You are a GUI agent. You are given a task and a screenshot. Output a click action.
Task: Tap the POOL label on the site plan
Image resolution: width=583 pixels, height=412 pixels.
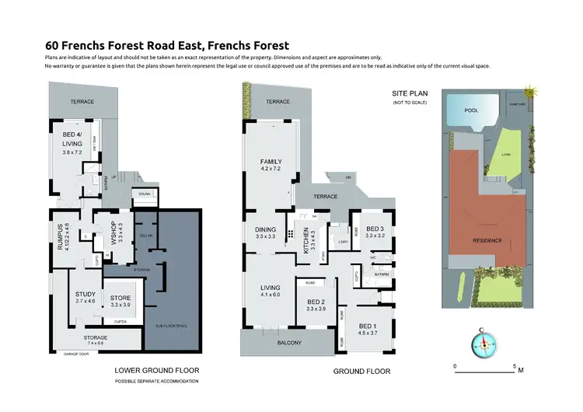(471, 110)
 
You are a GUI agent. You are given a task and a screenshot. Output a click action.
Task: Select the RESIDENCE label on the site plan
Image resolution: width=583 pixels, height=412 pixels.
(488, 240)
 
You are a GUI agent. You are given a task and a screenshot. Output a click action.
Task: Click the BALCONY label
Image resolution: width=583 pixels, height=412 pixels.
(288, 341)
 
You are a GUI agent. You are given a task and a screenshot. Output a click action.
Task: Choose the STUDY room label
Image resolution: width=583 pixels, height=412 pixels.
(86, 297)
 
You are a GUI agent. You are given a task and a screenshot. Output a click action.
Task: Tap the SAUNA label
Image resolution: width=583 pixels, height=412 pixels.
(144, 194)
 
